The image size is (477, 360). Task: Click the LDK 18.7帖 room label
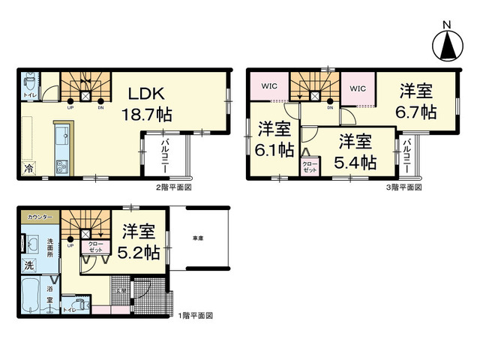pos(147,104)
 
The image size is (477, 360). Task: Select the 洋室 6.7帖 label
pos(417,101)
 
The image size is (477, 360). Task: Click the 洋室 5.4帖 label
pos(355,150)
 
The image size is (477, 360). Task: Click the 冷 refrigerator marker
pos(29,169)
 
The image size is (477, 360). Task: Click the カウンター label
pos(40,217)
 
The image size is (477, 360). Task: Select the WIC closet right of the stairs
pos(358,88)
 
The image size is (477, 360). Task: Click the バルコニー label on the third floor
pos(407,156)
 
